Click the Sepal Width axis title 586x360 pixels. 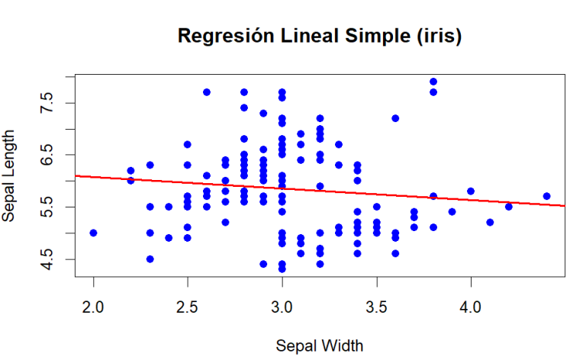(x=319, y=345)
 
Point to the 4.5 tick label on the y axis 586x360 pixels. (x=46, y=259)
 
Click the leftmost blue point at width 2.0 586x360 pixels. (x=93, y=233)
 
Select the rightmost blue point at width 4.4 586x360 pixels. (x=546, y=196)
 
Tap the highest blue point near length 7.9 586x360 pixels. (x=433, y=82)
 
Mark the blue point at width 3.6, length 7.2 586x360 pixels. (x=395, y=118)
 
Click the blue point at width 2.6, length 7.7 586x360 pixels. (x=207, y=92)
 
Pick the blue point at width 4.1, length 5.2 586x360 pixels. (x=490, y=222)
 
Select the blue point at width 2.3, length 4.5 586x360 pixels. (x=150, y=259)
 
